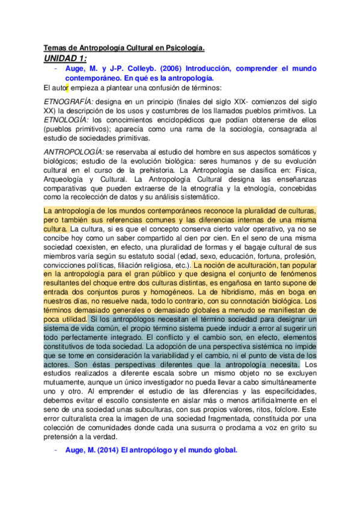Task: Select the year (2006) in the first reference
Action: [x=171, y=69]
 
